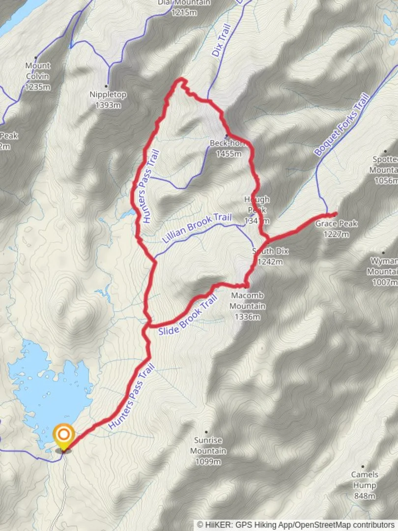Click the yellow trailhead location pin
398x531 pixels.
click(x=64, y=435)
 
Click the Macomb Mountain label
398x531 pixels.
click(x=248, y=300)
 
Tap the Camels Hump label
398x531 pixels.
click(x=365, y=480)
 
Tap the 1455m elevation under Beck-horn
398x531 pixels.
click(x=229, y=153)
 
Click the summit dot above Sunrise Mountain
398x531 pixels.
click(x=206, y=432)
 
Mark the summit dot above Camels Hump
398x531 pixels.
click(x=363, y=466)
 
